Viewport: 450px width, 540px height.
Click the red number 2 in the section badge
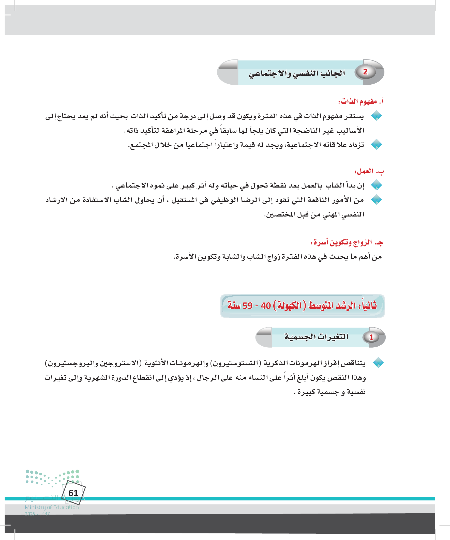point(365,72)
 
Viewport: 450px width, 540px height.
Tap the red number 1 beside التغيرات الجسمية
point(371,338)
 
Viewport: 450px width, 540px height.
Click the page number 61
point(73,493)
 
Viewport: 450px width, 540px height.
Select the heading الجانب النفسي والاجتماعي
point(296,73)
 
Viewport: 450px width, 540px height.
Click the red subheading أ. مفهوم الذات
point(361,102)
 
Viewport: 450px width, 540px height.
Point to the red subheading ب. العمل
point(369,171)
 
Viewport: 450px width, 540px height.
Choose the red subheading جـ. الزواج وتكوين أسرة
point(347,242)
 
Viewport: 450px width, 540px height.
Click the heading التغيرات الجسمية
point(316,337)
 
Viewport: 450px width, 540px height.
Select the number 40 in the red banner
point(265,306)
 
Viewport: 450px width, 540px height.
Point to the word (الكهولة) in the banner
point(289,305)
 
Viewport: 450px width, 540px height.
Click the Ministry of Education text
point(52,507)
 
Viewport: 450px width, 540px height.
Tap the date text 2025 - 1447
point(37,514)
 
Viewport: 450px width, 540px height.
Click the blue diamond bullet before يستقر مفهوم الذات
point(377,116)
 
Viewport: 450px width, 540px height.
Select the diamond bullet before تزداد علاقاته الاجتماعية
point(377,145)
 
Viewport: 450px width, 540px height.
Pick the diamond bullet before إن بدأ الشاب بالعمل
point(377,185)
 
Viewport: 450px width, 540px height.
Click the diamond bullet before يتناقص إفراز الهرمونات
point(378,363)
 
